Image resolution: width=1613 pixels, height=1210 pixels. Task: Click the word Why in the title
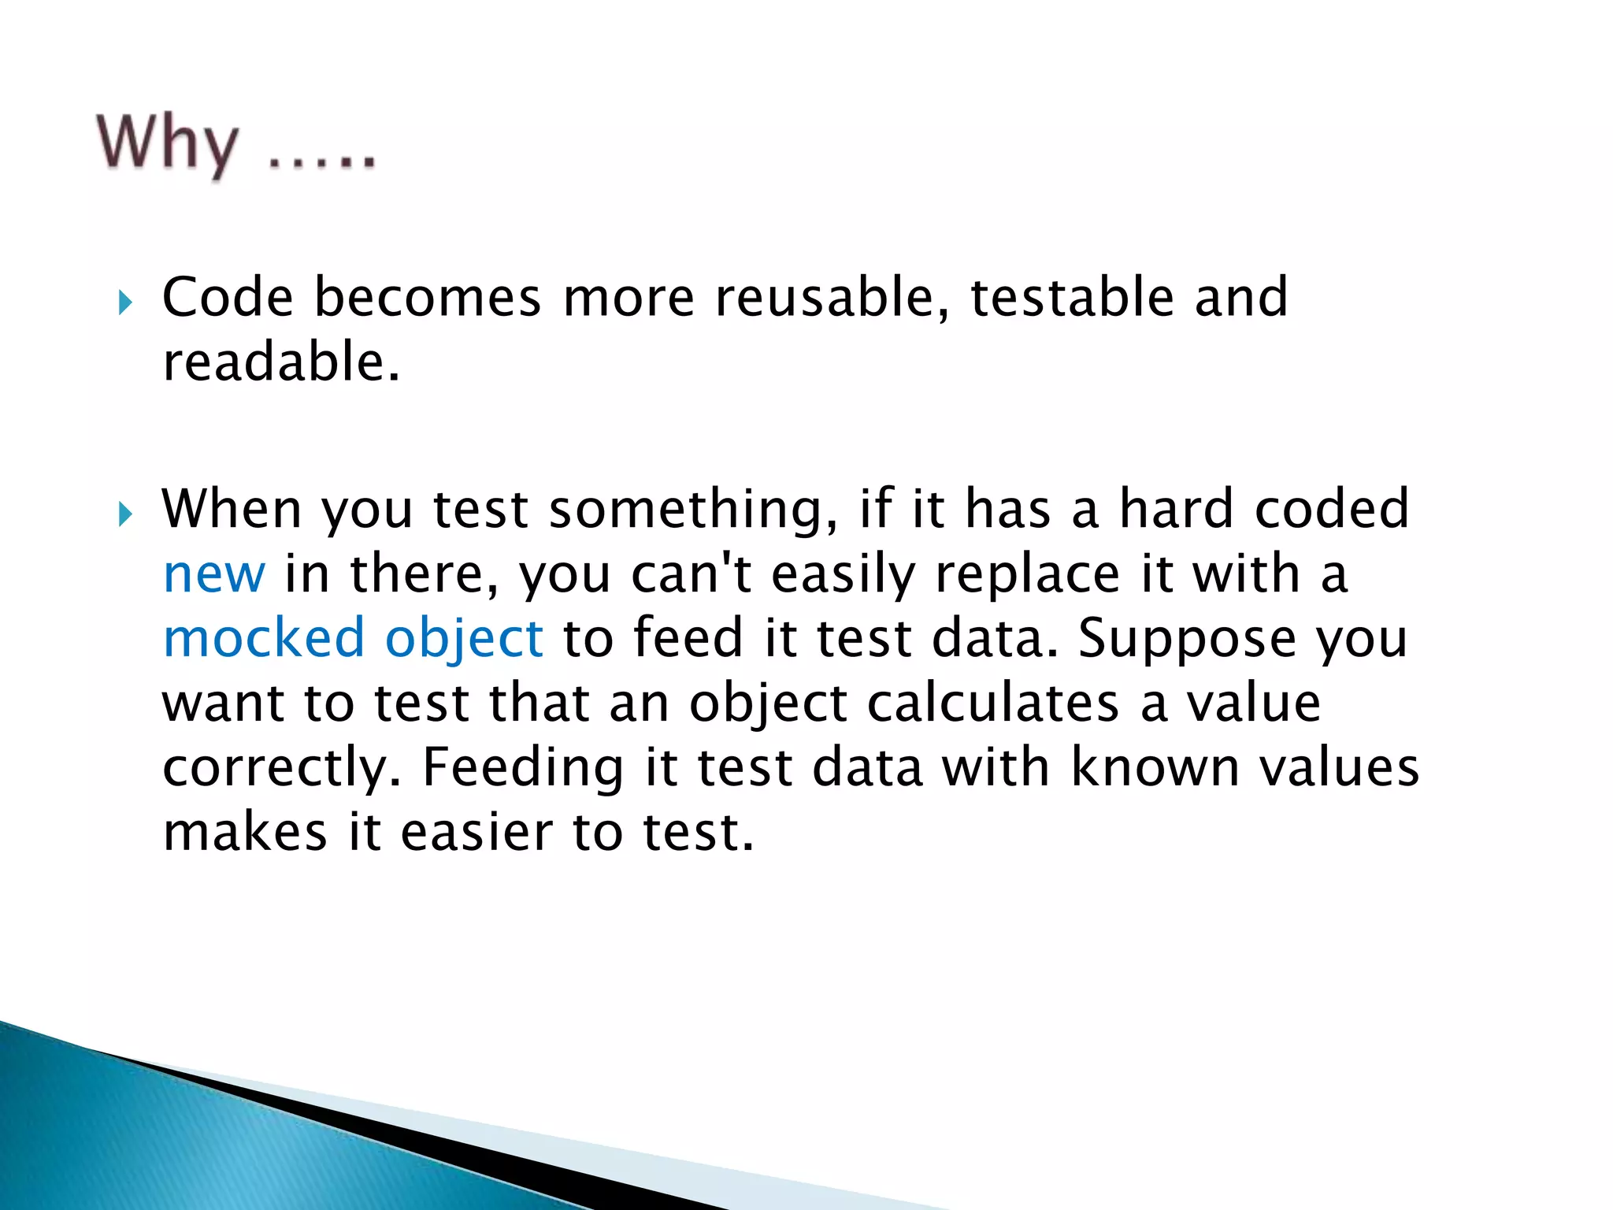[x=167, y=144]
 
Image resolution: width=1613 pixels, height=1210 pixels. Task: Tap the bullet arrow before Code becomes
[x=125, y=302]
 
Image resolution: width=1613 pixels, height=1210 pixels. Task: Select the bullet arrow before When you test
[x=125, y=514]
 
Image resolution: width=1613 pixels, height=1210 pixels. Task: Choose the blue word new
[x=213, y=574]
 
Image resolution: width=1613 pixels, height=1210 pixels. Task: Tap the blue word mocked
[x=264, y=638]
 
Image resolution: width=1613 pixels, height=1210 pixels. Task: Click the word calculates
[x=993, y=703]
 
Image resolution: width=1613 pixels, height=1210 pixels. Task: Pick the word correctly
[x=275, y=769]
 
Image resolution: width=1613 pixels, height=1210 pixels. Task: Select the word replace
[x=1027, y=574]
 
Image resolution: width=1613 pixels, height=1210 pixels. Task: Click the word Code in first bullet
[x=228, y=298]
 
